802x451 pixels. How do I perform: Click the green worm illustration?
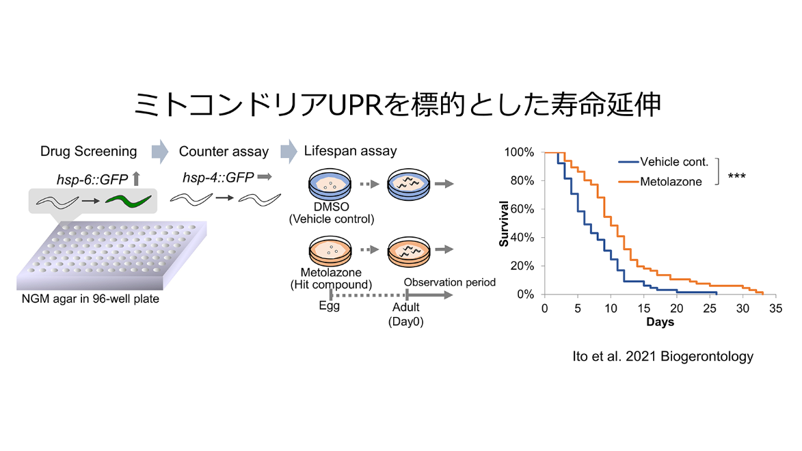(129, 200)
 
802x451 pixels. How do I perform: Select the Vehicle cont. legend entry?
(663, 162)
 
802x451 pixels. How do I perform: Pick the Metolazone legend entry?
(660, 182)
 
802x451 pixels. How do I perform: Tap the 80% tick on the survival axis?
(522, 180)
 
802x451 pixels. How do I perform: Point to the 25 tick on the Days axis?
(710, 308)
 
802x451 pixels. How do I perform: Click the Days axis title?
(660, 322)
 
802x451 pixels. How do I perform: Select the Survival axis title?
(504, 223)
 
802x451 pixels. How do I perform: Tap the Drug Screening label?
(88, 151)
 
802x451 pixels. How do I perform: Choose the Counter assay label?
(224, 152)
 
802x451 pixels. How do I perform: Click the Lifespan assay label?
(350, 151)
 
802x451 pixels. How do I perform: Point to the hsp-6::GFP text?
(92, 180)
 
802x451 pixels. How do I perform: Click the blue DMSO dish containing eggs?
(330, 184)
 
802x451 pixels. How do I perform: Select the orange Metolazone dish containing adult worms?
(409, 251)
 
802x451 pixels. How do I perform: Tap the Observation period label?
(450, 282)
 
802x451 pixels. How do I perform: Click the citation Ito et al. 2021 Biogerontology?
(663, 357)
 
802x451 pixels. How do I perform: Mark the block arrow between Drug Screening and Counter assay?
(160, 151)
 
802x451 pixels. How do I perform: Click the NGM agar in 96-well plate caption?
(90, 299)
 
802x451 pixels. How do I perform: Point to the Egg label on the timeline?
(329, 305)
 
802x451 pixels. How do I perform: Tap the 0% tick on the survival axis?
(525, 295)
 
